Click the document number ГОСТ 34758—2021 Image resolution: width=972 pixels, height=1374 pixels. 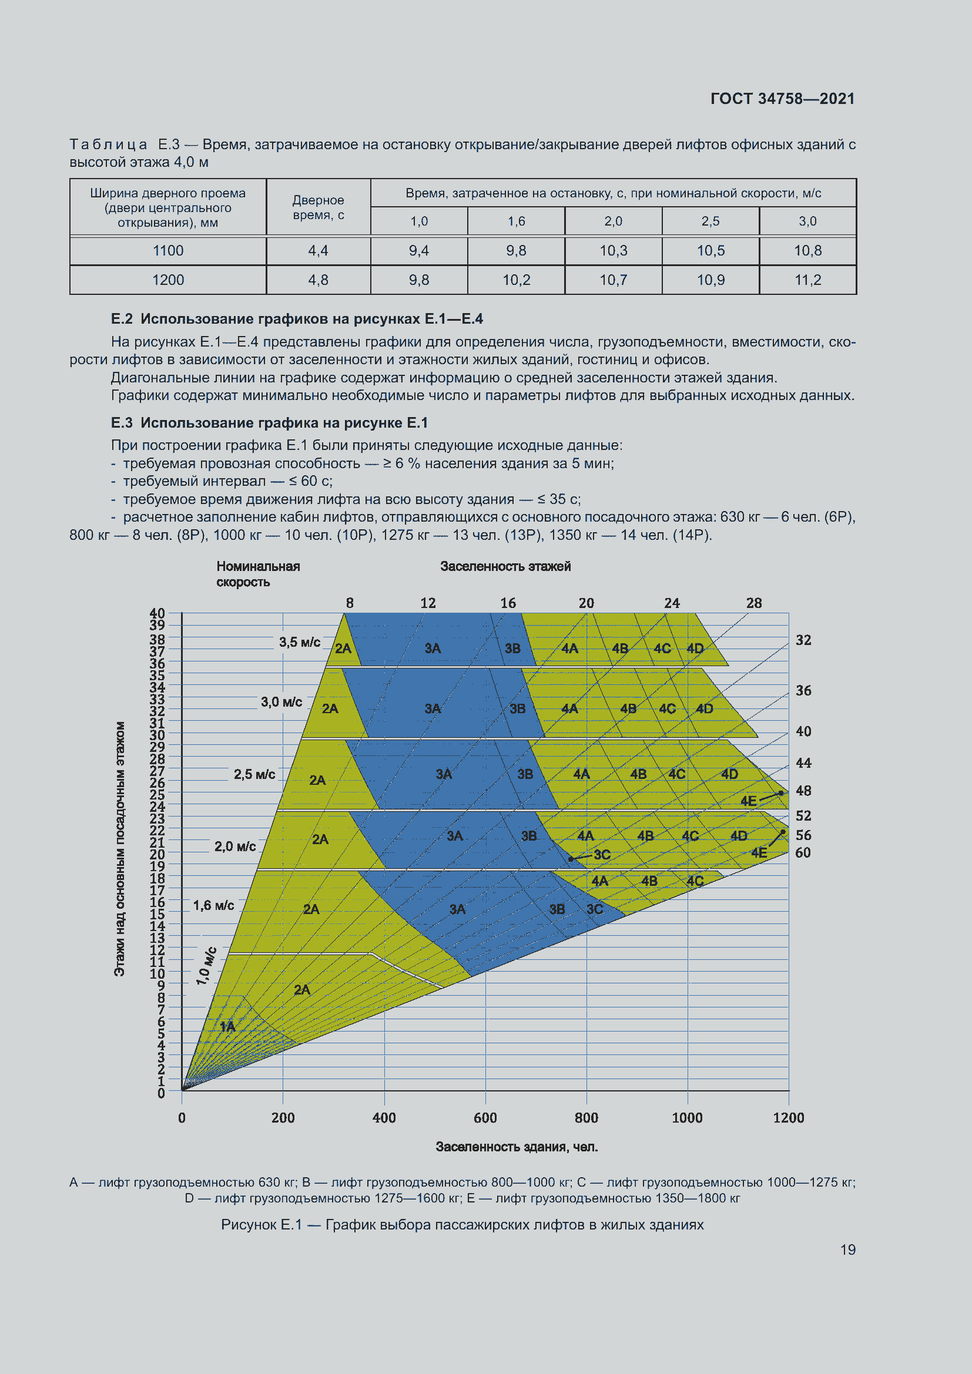(782, 99)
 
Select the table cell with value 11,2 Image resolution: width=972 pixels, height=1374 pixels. (807, 280)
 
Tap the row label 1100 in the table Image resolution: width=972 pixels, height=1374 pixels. (167, 251)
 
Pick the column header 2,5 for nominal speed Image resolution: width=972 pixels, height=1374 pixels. (710, 221)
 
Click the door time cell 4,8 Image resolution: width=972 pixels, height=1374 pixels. (318, 280)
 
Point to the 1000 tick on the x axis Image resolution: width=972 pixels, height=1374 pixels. (687, 1117)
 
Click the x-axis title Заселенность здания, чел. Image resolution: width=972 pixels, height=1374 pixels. (517, 1147)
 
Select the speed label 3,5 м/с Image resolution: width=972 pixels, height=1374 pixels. (299, 642)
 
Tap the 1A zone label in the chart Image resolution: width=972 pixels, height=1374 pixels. (227, 1027)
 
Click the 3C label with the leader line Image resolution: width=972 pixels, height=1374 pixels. (602, 855)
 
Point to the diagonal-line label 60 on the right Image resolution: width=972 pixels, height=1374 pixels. (803, 853)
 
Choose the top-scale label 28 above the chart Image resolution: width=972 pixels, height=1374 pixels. (753, 603)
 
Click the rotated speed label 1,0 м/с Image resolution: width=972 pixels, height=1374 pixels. (206, 966)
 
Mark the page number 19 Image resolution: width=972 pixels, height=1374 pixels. (847, 1249)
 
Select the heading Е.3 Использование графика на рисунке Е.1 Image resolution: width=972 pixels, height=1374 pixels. (269, 423)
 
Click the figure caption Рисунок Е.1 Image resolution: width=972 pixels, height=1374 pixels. (462, 1225)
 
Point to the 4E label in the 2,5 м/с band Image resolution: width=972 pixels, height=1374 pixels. (748, 801)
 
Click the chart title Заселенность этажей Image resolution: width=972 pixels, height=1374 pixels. (505, 566)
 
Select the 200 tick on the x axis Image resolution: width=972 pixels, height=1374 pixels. (283, 1117)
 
